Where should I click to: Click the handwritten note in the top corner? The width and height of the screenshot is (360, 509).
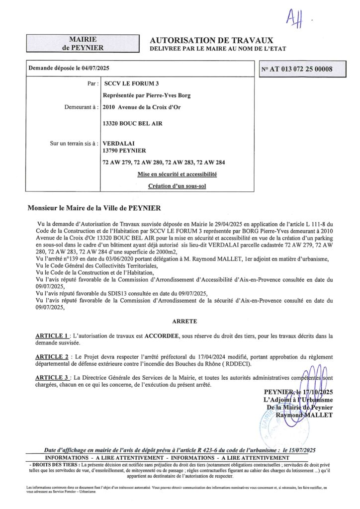coord(295,19)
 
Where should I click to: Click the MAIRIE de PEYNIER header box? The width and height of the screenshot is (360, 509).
coord(83,44)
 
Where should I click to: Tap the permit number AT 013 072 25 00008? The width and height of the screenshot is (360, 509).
coord(297,70)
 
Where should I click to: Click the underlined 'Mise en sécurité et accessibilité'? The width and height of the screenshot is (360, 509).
coord(177,174)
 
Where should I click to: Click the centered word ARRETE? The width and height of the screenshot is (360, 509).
coord(184,322)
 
